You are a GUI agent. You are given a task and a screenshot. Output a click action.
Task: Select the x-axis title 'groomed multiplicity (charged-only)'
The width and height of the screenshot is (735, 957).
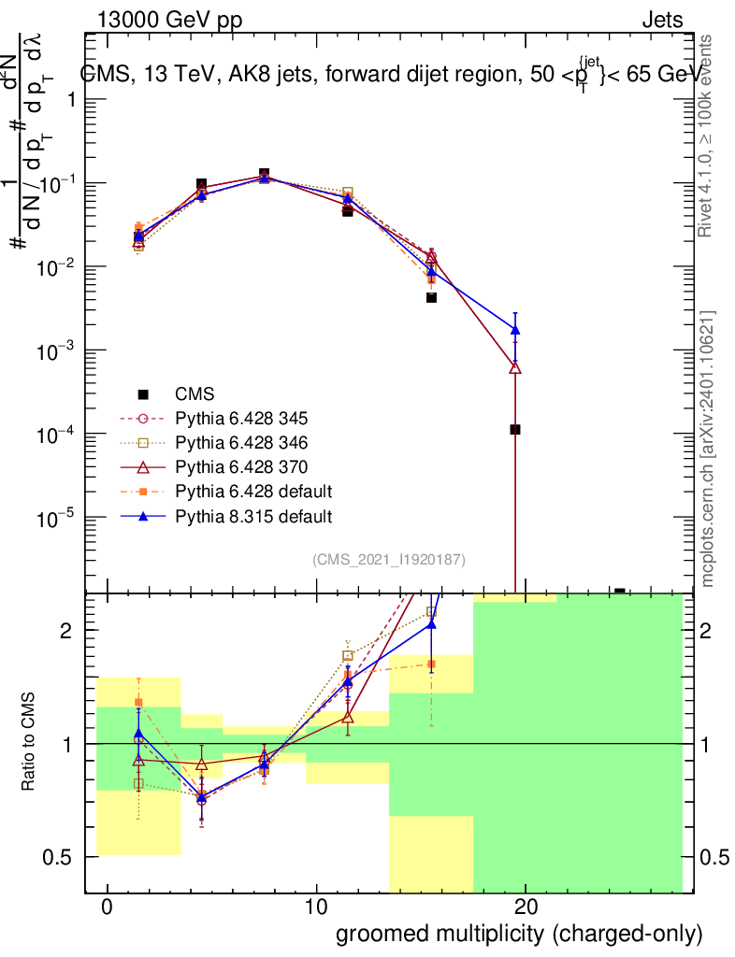(x=518, y=934)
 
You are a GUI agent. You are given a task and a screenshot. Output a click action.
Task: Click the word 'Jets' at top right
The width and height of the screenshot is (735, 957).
(x=661, y=20)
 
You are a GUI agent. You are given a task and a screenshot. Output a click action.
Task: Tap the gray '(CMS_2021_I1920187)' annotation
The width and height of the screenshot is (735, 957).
(x=389, y=560)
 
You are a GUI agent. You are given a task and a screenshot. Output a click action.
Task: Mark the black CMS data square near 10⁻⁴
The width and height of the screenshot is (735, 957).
(x=515, y=430)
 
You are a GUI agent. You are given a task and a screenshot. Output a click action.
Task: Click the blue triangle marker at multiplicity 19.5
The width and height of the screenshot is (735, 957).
(x=515, y=329)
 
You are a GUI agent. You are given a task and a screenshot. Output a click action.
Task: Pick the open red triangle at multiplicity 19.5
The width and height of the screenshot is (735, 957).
(x=515, y=368)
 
